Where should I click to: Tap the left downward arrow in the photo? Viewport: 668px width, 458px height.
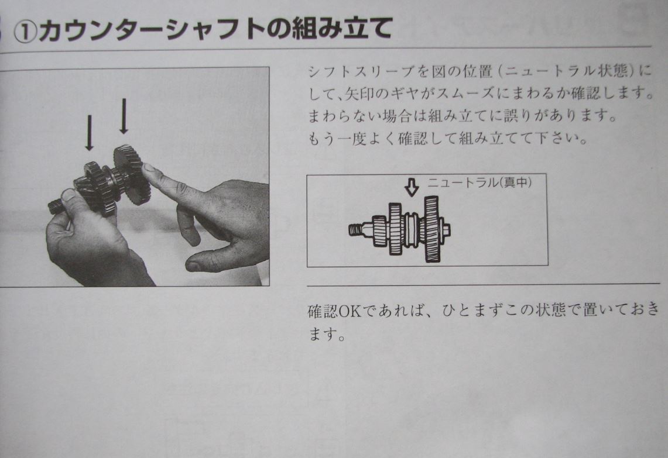coord(89,133)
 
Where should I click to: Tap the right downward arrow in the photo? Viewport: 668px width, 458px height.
coord(124,116)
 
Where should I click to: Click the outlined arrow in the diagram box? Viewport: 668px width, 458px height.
coord(411,187)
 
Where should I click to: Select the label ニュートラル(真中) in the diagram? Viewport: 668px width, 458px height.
coord(479,183)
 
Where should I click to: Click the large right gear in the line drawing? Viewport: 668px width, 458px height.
coord(431,229)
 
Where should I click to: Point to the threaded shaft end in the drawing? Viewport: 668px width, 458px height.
coord(355,230)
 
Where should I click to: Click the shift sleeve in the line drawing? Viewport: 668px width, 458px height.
coord(410,229)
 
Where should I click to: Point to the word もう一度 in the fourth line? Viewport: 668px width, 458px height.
coord(338,139)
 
